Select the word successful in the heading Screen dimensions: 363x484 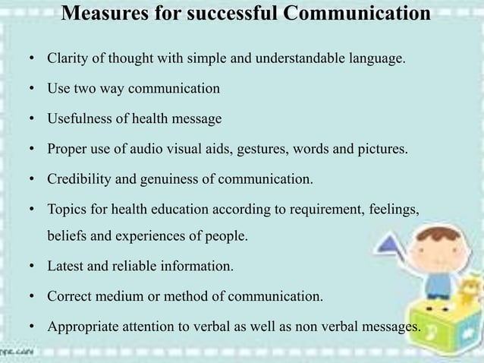228,14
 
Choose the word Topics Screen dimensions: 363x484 65,209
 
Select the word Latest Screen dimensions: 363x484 65,267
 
